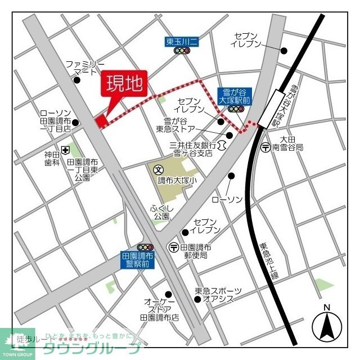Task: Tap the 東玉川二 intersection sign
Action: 181,41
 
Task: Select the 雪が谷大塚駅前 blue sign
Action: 235,95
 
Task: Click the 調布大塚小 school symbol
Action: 158,169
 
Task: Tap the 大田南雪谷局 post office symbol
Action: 266,147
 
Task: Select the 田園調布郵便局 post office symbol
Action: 174,247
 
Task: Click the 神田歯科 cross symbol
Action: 66,150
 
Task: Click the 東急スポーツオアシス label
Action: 218,295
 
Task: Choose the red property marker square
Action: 101,121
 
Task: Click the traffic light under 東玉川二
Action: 182,51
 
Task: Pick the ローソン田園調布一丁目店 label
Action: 55,120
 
